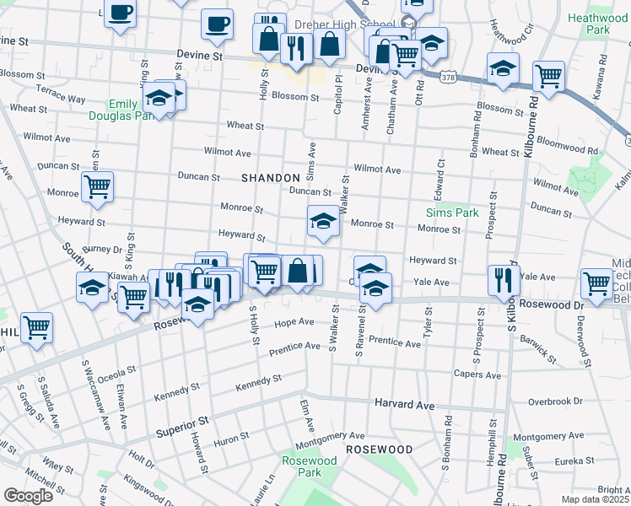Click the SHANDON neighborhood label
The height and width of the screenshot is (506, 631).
270,178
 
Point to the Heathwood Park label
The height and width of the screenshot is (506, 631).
597,24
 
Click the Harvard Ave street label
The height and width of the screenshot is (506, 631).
404,405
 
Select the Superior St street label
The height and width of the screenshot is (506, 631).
181,427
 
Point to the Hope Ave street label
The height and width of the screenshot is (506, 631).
295,322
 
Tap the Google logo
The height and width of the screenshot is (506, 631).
28,495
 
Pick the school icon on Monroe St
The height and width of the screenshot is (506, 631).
322,221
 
